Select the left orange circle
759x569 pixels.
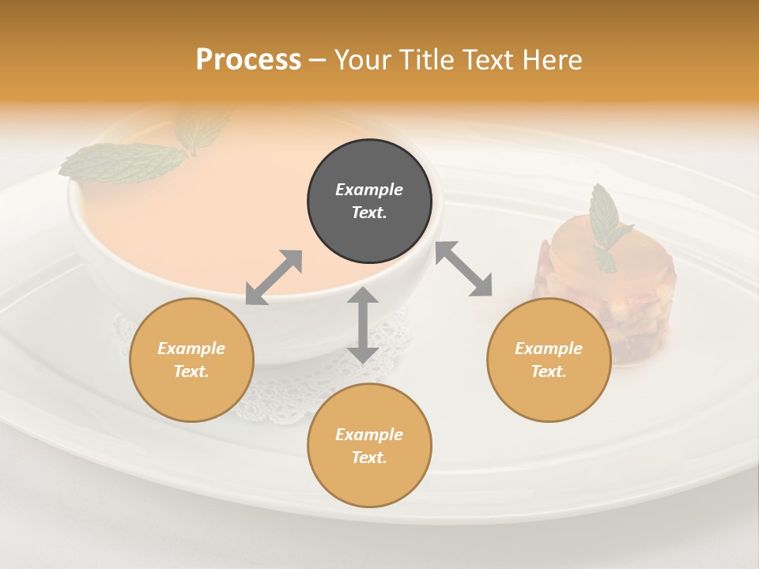click(191, 360)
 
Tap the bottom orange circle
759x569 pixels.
click(369, 445)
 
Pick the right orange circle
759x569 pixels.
click(549, 360)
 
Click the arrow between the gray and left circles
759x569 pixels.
click(274, 277)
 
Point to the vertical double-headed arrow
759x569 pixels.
click(363, 325)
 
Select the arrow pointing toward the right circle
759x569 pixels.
click(464, 269)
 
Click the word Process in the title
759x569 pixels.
click(248, 59)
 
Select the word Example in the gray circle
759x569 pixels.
click(369, 190)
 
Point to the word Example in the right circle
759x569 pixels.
click(549, 349)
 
